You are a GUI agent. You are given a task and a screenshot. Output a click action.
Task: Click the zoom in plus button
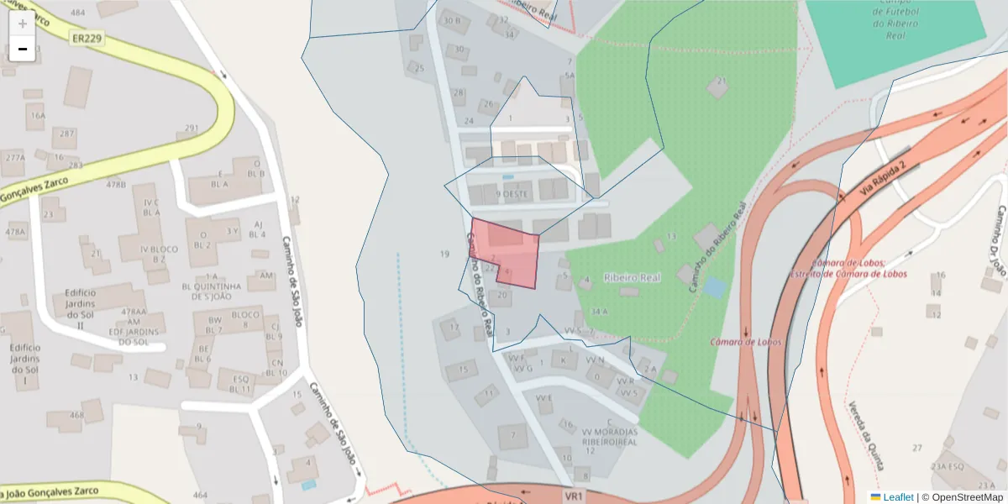(23, 24)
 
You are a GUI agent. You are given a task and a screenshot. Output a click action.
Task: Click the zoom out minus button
(23, 49)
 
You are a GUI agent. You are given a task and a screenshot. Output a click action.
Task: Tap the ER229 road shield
(88, 39)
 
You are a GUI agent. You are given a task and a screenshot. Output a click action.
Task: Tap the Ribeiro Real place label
(633, 277)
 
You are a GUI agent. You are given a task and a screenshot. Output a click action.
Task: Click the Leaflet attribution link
(897, 497)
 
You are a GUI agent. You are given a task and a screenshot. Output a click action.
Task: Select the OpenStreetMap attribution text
(966, 497)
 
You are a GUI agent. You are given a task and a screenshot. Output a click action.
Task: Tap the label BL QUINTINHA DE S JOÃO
(212, 286)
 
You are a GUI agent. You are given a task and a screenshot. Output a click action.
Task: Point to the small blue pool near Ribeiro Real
(714, 287)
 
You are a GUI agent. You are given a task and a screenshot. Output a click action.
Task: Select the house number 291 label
(192, 129)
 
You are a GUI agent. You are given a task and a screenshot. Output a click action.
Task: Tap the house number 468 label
(77, 415)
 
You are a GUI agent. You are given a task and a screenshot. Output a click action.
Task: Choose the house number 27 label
(917, 448)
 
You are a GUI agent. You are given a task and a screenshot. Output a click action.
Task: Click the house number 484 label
(78, 13)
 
